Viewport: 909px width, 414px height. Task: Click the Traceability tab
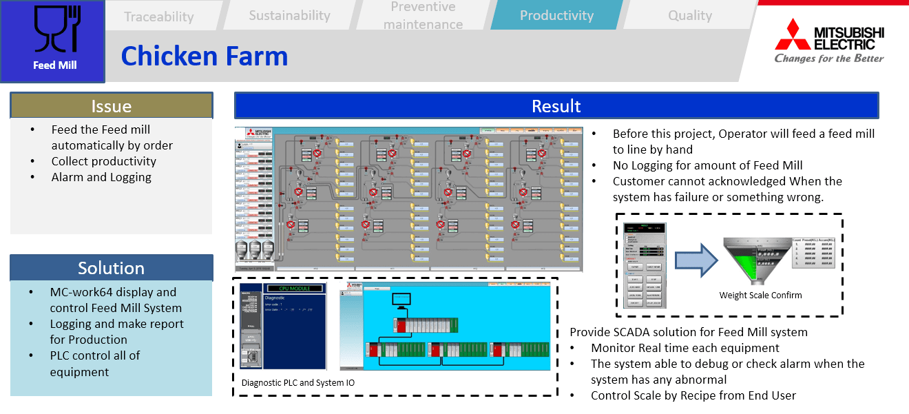click(x=158, y=17)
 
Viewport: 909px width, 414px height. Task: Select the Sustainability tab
click(x=289, y=15)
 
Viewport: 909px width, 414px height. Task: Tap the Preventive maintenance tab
click(x=423, y=15)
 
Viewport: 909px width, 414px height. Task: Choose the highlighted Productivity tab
click(x=556, y=15)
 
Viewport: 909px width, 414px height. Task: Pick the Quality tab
click(x=689, y=15)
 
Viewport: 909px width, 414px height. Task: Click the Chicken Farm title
click(x=205, y=56)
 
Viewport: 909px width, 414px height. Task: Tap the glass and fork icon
click(x=55, y=30)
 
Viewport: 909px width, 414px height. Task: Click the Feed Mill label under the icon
click(x=55, y=65)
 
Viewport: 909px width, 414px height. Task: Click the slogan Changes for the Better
click(x=829, y=59)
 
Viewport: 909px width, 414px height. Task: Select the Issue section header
click(x=111, y=106)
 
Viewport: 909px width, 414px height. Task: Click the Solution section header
click(x=111, y=268)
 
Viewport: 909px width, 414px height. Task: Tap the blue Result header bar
click(x=556, y=106)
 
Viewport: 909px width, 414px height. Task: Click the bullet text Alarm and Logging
click(x=101, y=177)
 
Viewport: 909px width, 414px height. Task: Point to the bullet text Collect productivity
click(x=103, y=161)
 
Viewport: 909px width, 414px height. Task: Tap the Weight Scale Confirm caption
click(x=760, y=296)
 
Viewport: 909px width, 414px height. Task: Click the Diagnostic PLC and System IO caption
click(x=297, y=382)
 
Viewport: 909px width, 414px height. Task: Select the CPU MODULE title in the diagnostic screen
click(x=295, y=288)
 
